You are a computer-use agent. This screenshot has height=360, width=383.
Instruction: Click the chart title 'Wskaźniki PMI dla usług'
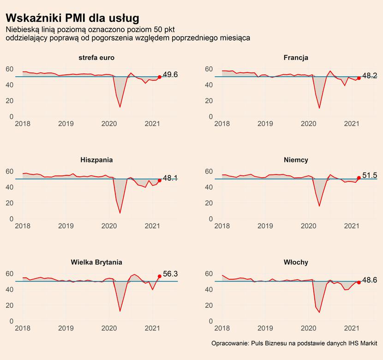[x=72, y=18]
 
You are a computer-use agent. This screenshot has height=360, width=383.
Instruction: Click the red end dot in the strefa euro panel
[x=160, y=77]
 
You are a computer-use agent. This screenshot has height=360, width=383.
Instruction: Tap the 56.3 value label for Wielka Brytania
[x=170, y=274]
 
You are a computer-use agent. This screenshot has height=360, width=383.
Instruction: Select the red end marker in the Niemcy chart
[x=359, y=178]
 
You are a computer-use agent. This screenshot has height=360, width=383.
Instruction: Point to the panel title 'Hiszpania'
[x=96, y=160]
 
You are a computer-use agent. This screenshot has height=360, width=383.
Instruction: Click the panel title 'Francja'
[x=296, y=58]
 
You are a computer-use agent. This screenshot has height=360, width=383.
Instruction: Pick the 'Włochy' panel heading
[x=296, y=262]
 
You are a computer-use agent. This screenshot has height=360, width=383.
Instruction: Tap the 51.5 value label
[x=370, y=175]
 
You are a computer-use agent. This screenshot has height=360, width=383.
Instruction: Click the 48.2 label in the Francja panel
[x=370, y=76]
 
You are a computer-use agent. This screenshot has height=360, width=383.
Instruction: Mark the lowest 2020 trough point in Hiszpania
[x=120, y=213]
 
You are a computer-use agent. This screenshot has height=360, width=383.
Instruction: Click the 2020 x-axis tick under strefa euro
[x=109, y=124]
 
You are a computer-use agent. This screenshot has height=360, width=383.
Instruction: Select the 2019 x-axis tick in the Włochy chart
[x=265, y=328]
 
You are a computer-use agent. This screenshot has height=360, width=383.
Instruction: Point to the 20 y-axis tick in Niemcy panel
[x=209, y=203]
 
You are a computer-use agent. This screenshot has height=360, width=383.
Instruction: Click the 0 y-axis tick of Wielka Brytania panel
[x=12, y=321]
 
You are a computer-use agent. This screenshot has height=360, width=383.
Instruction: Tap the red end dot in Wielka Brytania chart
[x=160, y=276]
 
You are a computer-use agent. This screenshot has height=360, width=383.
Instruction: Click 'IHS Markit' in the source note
[x=363, y=343]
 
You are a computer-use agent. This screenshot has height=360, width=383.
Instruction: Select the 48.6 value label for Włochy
[x=370, y=280]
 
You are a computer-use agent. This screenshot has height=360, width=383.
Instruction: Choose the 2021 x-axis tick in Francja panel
[x=352, y=124]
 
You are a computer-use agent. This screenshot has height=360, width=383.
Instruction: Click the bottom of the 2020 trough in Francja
[x=319, y=108]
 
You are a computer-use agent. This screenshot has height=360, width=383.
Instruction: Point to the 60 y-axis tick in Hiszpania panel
[x=10, y=171]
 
